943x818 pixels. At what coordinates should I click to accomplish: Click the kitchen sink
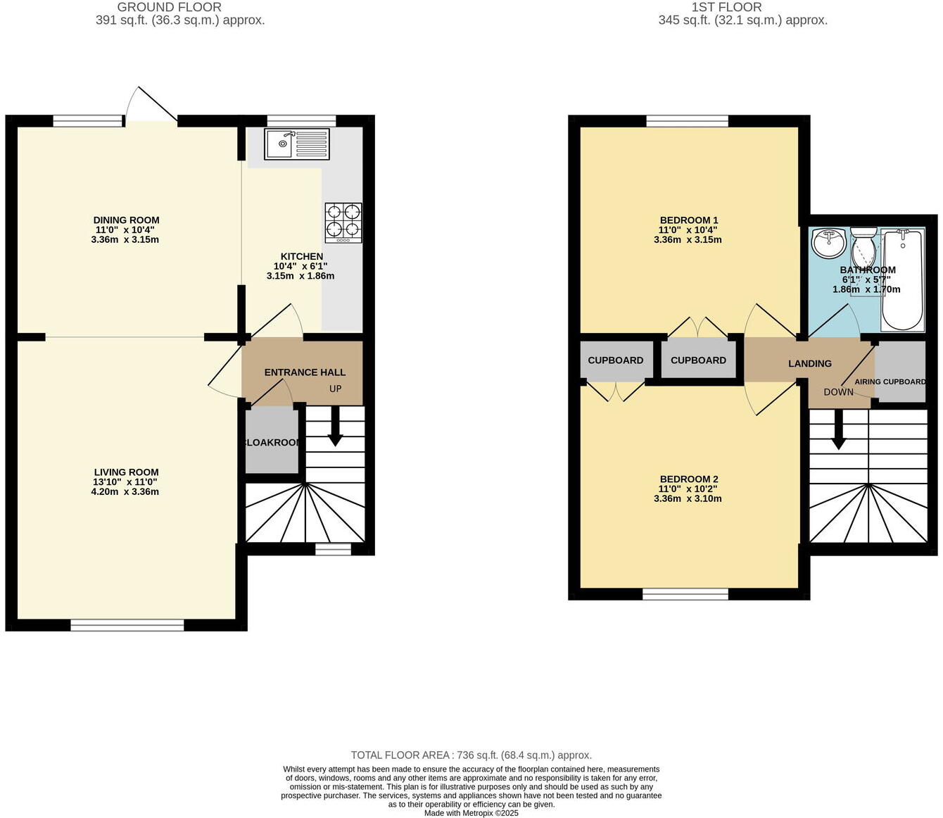(297, 144)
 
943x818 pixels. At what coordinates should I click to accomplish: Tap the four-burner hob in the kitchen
(343, 222)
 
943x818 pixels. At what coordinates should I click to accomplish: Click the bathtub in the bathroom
(903, 279)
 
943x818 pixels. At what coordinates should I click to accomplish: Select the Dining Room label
(126, 220)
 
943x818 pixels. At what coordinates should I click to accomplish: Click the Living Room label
(126, 472)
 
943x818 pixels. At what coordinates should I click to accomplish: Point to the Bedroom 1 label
(688, 220)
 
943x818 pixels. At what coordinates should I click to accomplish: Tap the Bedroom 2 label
(688, 479)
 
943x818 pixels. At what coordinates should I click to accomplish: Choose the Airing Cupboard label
(890, 382)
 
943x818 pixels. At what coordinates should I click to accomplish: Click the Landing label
(809, 364)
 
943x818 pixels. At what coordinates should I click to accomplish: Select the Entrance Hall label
(305, 372)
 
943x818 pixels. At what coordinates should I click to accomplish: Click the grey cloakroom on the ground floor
(272, 442)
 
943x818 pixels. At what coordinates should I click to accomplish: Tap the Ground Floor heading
(169, 7)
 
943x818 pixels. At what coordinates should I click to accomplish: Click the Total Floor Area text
(471, 755)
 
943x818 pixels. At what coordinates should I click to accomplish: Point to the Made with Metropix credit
(471, 813)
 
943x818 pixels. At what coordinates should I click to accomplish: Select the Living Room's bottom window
(127, 625)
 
